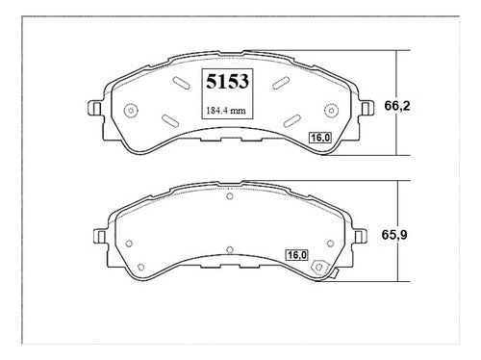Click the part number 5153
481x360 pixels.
pos(227,82)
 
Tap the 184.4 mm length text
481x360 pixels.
pos(226,111)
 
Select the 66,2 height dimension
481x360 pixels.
pos(397,106)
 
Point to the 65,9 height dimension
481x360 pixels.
pos(394,235)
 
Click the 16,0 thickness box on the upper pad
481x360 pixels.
pos(320,138)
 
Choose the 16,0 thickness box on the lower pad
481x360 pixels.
pos(296,255)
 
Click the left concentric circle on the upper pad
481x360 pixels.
pos(131,111)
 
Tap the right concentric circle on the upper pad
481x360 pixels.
pos(331,111)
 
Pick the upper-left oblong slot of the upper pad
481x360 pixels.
pos(181,83)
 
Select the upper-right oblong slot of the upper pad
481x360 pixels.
pos(281,83)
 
